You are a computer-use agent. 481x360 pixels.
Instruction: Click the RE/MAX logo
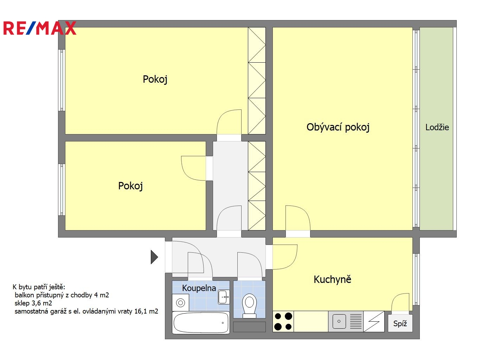tap(40, 28)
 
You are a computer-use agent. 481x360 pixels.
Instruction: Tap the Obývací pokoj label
tap(338, 127)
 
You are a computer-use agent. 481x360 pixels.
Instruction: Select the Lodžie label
tap(437, 127)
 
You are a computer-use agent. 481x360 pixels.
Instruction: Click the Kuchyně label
tap(332, 279)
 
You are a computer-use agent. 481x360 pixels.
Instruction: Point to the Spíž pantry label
tap(400, 323)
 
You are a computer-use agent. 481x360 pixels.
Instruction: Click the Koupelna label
tap(199, 288)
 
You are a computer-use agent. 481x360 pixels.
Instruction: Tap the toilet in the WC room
tap(249, 305)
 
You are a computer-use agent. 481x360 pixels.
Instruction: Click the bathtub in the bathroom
tap(201, 322)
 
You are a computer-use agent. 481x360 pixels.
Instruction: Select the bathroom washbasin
tap(224, 297)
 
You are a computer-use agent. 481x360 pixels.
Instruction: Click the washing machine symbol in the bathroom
tap(181, 303)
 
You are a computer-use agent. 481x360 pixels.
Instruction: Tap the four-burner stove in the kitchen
tap(283, 321)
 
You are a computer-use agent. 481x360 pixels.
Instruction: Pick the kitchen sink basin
tap(339, 321)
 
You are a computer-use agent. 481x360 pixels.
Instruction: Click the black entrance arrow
tap(154, 257)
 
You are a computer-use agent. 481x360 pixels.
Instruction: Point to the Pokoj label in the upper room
tap(155, 79)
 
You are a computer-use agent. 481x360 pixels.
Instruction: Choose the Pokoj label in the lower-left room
tap(130, 186)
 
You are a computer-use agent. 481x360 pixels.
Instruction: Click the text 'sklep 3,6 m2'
tap(33, 303)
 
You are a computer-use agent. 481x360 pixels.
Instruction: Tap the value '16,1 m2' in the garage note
tap(146, 311)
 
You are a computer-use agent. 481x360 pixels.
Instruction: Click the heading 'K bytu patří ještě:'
tap(39, 287)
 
